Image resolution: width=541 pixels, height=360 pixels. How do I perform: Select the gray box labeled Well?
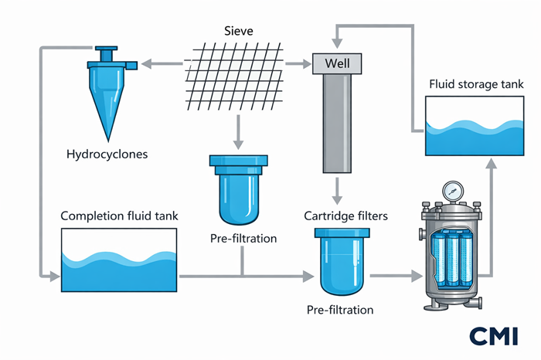tap(336, 63)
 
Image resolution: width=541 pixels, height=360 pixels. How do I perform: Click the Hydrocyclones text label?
tap(107, 154)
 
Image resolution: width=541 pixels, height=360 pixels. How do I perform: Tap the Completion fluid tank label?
tap(120, 216)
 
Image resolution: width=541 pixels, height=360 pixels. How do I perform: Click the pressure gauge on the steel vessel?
tap(454, 189)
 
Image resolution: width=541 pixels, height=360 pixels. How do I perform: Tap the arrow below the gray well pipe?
tap(338, 189)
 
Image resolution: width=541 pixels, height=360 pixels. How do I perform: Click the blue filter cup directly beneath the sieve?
tap(238, 190)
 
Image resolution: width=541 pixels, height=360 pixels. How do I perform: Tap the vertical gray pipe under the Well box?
tap(337, 124)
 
